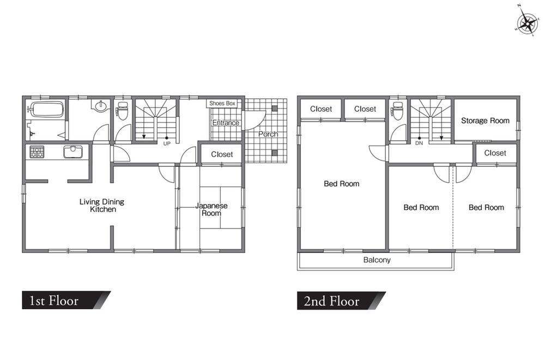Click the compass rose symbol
[528, 23]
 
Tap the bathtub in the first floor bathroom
[47, 109]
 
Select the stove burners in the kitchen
[37, 152]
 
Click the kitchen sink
[72, 152]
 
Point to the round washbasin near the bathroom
[100, 105]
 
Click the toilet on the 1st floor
[122, 110]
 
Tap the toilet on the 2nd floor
[397, 110]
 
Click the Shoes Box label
[222, 103]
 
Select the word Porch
[268, 134]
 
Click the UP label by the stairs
[167, 143]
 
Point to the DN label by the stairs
[419, 143]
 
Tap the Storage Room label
[485, 121]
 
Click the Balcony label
[377, 260]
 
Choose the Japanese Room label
[211, 209]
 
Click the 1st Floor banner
[66, 300]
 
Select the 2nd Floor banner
[341, 301]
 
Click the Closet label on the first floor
[222, 154]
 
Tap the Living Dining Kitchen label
[102, 206]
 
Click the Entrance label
[226, 123]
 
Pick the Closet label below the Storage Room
[495, 153]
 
